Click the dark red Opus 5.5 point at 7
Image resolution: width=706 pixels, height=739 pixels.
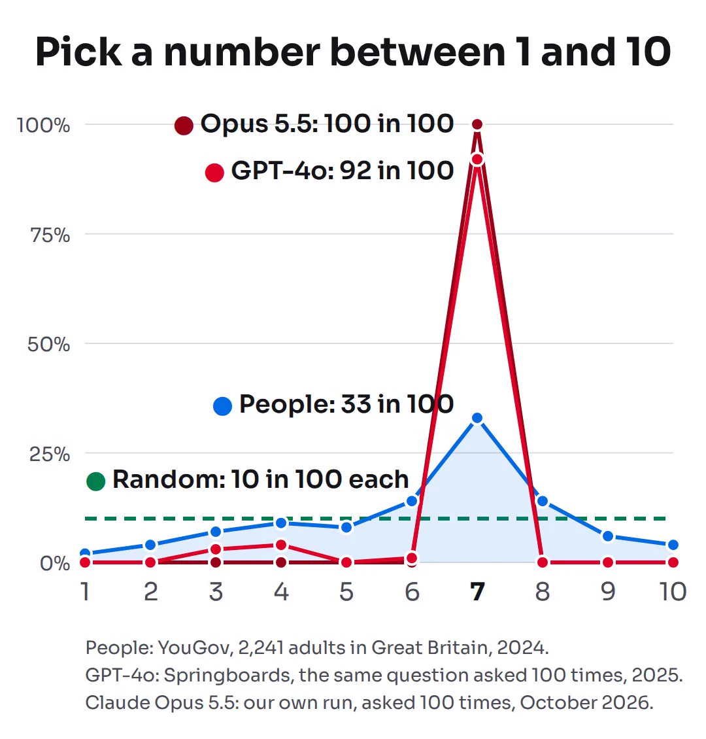tap(477, 124)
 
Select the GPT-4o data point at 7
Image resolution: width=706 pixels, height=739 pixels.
tap(477, 160)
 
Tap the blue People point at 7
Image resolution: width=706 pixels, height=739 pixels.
tap(477, 418)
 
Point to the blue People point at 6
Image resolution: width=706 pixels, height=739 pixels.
tap(412, 500)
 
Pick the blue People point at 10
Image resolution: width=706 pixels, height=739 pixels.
tap(673, 545)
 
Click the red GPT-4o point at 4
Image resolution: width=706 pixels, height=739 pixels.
tap(281, 545)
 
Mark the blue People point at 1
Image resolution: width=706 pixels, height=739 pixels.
tap(85, 553)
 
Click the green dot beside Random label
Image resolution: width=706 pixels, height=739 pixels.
tap(95, 481)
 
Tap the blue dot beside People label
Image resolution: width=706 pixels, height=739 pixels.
tap(222, 405)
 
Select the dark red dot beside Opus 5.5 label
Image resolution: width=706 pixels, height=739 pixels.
tap(184, 126)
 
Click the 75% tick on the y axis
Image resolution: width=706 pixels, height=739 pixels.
tap(50, 235)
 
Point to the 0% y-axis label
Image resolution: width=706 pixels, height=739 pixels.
tap(55, 563)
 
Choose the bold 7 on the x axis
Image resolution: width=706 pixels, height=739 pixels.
tap(477, 591)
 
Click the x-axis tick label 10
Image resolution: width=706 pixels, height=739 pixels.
tap(673, 591)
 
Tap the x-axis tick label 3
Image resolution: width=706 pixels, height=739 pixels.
tap(216, 591)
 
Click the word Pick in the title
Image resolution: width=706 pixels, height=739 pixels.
tap(78, 52)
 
